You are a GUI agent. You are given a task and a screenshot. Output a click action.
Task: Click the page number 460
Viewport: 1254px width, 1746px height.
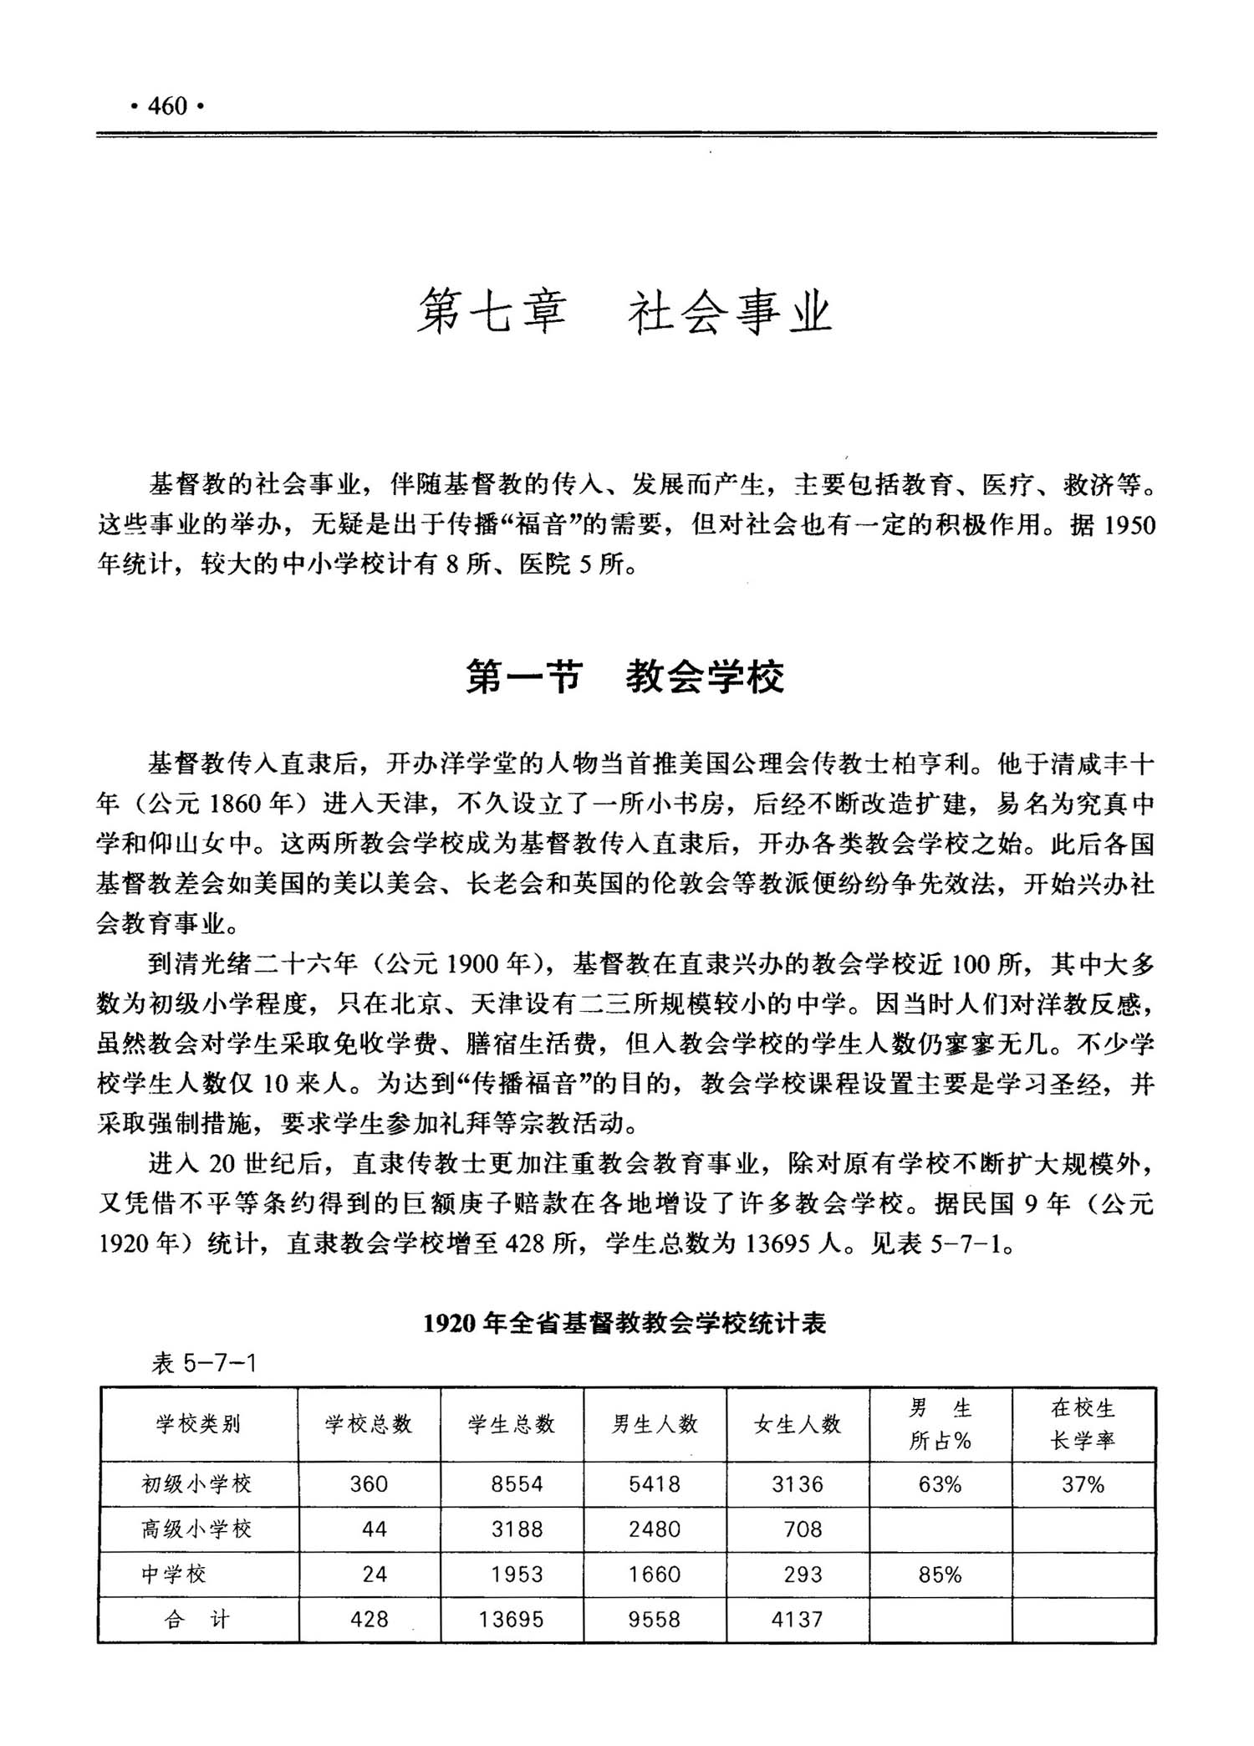tap(167, 106)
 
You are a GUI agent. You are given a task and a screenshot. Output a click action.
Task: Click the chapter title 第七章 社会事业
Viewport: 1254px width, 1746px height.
tap(625, 312)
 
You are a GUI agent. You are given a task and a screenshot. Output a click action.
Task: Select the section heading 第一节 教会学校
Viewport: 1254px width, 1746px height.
tap(625, 676)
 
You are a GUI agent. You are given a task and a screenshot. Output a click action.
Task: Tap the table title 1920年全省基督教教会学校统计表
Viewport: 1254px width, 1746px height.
tap(625, 1323)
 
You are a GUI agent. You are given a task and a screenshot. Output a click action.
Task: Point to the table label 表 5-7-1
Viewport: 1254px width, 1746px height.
tap(203, 1364)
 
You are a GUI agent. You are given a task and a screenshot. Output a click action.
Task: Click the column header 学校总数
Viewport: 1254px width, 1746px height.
tap(369, 1424)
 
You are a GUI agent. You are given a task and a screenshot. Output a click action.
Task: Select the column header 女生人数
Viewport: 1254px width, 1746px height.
tap(798, 1424)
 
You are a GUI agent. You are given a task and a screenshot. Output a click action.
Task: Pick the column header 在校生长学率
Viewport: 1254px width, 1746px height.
tap(1083, 1424)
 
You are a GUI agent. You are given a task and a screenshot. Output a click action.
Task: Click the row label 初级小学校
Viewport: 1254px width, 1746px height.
tap(197, 1483)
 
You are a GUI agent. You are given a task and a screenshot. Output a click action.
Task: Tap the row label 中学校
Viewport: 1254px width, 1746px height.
tap(174, 1574)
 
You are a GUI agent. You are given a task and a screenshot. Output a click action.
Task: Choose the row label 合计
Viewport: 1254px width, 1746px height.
tap(197, 1619)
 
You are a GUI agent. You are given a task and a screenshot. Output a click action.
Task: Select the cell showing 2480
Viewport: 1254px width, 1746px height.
tap(655, 1529)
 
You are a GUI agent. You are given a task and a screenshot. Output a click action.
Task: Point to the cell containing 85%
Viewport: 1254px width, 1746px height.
tap(940, 1575)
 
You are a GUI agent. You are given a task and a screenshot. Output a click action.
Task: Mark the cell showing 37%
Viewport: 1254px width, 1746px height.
tap(1083, 1484)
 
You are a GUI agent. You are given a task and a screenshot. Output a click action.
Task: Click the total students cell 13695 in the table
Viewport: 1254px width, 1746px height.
tap(511, 1620)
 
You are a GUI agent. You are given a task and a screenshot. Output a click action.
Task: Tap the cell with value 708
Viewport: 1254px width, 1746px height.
tap(803, 1529)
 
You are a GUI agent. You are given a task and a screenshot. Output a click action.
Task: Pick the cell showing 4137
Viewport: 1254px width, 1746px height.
tap(797, 1620)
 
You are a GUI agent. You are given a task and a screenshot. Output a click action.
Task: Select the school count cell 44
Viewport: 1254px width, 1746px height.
tap(374, 1529)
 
